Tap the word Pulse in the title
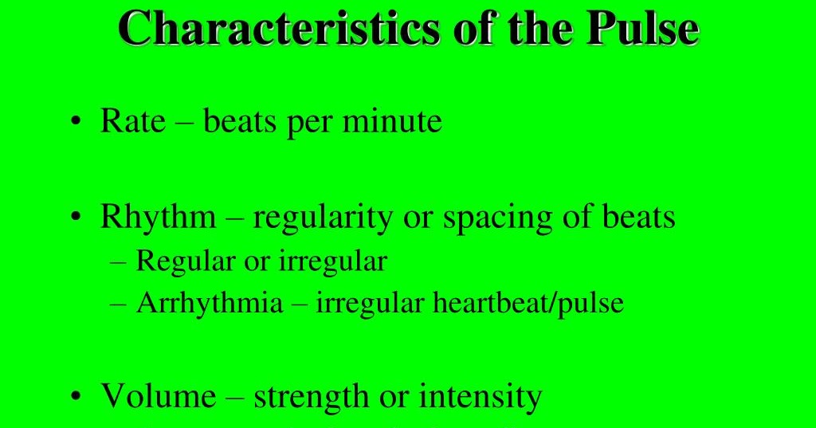(642, 29)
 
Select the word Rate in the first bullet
(133, 121)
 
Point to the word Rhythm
(158, 218)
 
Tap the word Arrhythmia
(210, 304)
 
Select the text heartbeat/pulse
(528, 304)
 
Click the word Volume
(158, 395)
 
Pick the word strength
(312, 395)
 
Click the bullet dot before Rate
(76, 123)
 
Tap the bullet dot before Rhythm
(76, 218)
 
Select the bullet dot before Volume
(76, 396)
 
